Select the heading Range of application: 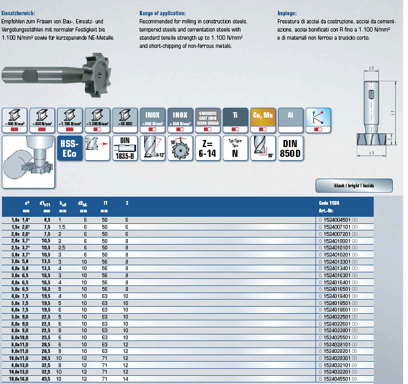coord(162,12)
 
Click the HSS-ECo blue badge coord(69,149)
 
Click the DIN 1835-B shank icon coord(124,149)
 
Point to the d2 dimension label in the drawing coord(372,69)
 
